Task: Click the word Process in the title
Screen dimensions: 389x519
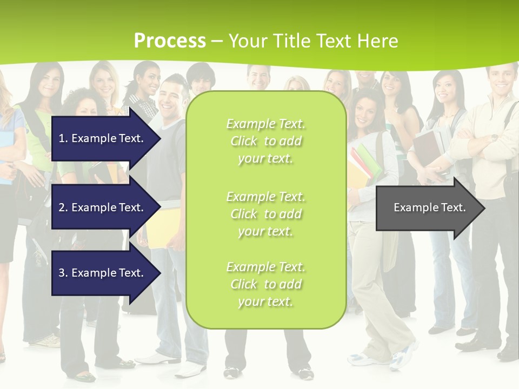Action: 170,41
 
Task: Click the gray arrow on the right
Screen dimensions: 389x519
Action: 430,207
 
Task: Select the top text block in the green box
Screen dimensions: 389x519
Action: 265,141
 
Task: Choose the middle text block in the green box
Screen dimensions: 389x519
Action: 265,213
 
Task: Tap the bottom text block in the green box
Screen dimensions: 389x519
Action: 265,284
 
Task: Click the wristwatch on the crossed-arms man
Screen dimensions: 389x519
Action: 494,138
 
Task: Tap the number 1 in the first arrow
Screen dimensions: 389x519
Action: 62,138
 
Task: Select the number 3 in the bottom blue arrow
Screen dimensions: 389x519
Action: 62,273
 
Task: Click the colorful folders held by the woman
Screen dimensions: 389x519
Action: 361,165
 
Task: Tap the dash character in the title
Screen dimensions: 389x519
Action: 217,41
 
